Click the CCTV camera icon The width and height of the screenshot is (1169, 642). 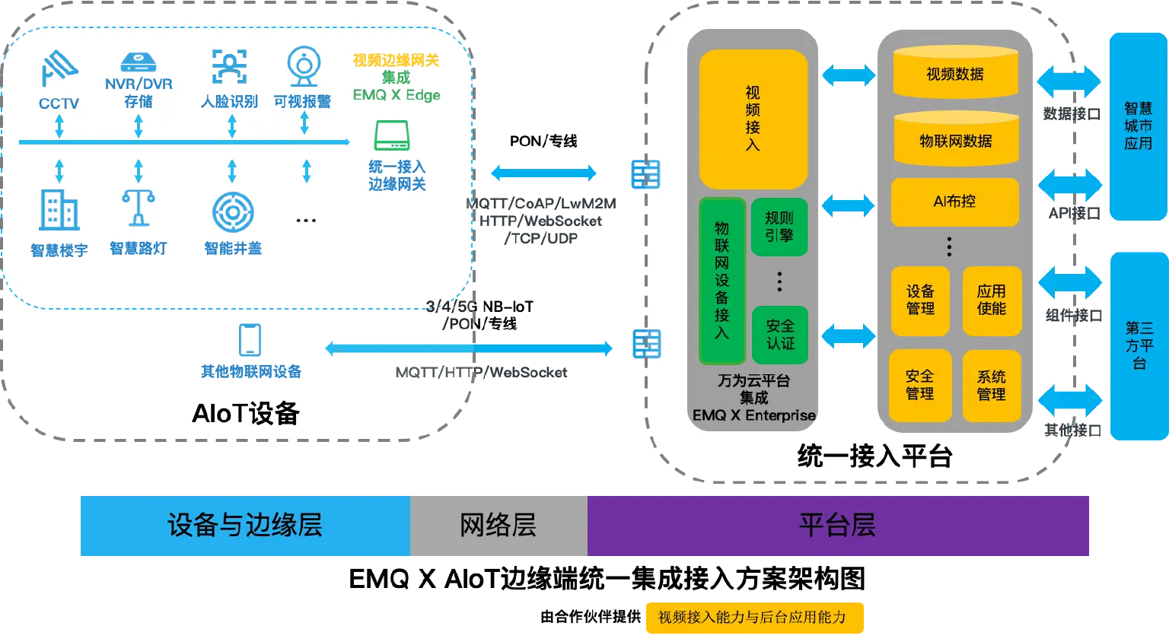pyautogui.click(x=59, y=68)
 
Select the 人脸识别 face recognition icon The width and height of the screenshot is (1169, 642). pyautogui.click(x=229, y=67)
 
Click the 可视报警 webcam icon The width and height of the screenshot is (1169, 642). pyautogui.click(x=303, y=67)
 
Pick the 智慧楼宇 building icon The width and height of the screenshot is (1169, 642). pyautogui.click(x=59, y=210)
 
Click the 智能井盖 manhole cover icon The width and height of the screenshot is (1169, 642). pyautogui.click(x=233, y=212)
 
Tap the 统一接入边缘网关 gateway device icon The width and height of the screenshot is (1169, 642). pyautogui.click(x=392, y=135)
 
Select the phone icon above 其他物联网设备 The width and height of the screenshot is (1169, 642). pyautogui.click(x=250, y=340)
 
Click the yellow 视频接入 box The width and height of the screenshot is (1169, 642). pyautogui.click(x=753, y=119)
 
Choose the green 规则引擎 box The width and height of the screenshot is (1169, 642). pyautogui.click(x=779, y=227)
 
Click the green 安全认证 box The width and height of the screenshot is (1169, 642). pyautogui.click(x=779, y=335)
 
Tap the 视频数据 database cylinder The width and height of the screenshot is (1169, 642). pyautogui.click(x=955, y=73)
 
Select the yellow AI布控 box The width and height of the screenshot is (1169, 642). pyautogui.click(x=954, y=202)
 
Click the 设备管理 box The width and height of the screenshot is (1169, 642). pyautogui.click(x=920, y=300)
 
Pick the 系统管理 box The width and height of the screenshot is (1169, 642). pyautogui.click(x=991, y=386)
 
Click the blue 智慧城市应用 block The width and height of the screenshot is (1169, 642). pyautogui.click(x=1138, y=126)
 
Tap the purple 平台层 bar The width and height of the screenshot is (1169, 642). pyautogui.click(x=837, y=526)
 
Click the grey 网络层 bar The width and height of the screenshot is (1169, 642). pyautogui.click(x=498, y=526)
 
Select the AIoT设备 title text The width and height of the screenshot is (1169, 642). pyautogui.click(x=246, y=413)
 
